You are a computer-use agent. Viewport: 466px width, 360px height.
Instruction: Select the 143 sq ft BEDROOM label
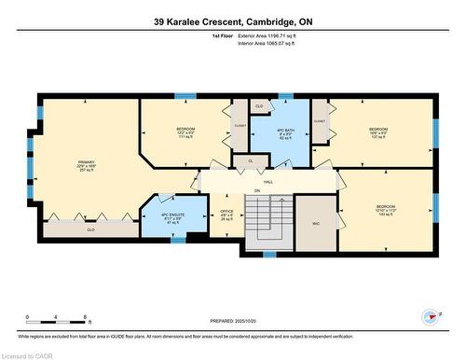386,210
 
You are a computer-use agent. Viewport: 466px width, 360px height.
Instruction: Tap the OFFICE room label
226,215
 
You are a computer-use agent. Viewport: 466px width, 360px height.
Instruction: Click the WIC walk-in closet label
315,221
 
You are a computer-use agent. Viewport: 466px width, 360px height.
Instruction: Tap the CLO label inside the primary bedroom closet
90,228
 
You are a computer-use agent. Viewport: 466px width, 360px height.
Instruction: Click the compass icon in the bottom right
431,316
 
